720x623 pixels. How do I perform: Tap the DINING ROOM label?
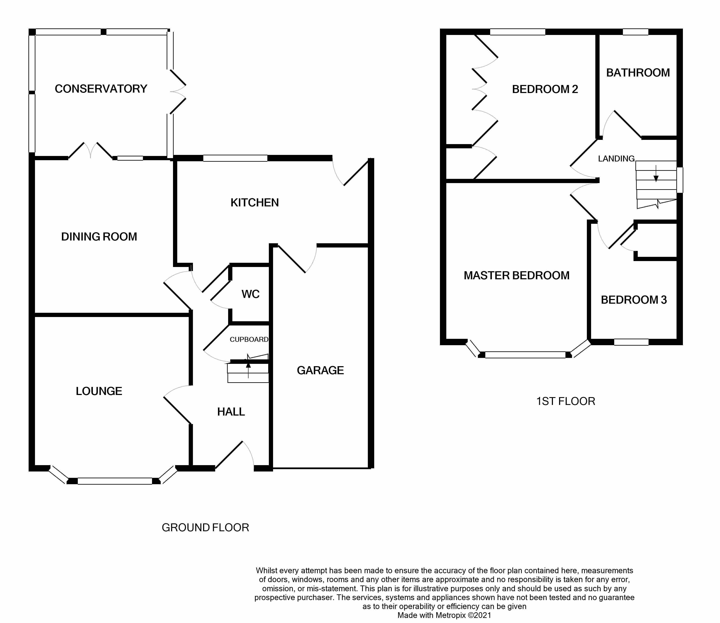(x=99, y=237)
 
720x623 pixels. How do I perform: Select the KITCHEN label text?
(x=255, y=203)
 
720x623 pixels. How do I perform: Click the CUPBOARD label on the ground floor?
(x=249, y=339)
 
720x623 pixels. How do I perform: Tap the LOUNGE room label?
(x=99, y=391)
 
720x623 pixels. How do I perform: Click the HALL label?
(x=231, y=412)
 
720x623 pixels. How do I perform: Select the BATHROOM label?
(x=638, y=73)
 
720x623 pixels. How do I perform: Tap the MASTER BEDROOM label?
(x=516, y=276)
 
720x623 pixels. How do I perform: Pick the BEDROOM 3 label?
(x=634, y=300)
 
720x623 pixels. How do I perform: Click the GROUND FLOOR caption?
(x=205, y=527)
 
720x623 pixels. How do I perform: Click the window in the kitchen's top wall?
(x=235, y=158)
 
